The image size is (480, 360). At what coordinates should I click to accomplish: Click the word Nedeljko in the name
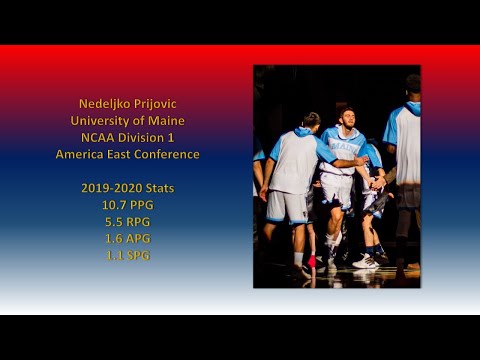pyautogui.click(x=105, y=104)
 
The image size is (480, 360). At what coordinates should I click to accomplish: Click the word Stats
pyautogui.click(x=158, y=188)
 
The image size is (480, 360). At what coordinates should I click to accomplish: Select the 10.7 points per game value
pyautogui.click(x=114, y=205)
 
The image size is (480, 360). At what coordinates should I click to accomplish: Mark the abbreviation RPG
pyautogui.click(x=139, y=222)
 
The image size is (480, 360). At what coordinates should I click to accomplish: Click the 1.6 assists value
pyautogui.click(x=115, y=239)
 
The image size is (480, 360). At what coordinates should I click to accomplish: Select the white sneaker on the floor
pyautogui.click(x=365, y=262)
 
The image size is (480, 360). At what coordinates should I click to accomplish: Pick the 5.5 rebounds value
pyautogui.click(x=115, y=222)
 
